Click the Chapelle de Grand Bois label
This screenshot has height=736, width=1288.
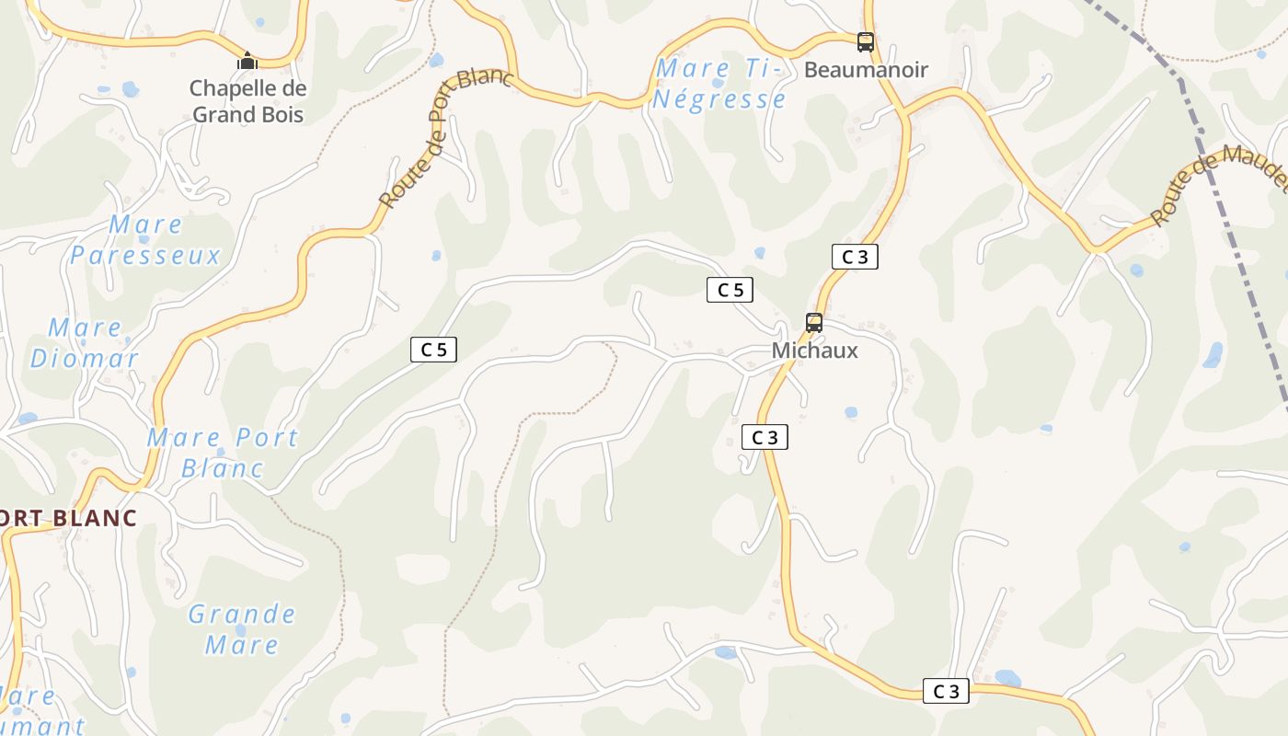247,101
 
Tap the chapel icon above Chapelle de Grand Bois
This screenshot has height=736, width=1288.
247,62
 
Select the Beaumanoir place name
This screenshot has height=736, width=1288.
866,70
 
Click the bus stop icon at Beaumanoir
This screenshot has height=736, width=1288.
866,41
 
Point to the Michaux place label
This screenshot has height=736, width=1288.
814,351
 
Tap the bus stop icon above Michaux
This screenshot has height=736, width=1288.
814,323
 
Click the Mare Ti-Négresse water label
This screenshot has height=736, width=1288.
719,84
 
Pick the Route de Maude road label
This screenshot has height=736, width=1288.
1219,185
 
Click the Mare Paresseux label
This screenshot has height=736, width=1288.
145,240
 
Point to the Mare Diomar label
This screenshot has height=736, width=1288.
85,343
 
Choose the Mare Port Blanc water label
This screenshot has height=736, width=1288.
223,452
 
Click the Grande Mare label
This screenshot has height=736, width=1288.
242,628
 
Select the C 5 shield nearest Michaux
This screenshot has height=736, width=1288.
730,290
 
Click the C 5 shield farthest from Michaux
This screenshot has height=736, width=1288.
433,350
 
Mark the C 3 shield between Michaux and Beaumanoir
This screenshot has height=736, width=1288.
855,258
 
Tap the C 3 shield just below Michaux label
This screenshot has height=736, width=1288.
765,438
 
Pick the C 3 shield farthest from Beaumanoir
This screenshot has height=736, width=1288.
946,692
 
